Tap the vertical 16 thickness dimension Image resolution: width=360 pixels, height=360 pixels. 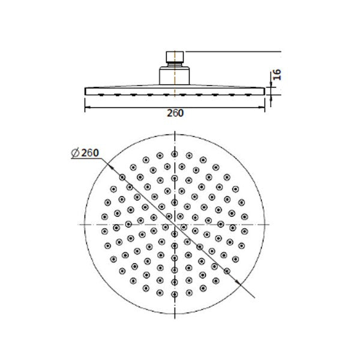(277, 76)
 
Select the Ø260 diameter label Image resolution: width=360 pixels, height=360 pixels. (84, 153)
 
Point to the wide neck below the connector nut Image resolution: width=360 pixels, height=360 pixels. (174, 77)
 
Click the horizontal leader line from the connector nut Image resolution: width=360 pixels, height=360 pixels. (234, 53)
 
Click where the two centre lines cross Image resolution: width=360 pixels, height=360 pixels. (174, 223)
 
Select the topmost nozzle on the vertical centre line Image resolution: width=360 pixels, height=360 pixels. (174, 154)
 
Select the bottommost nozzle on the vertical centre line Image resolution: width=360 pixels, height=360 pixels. (174, 292)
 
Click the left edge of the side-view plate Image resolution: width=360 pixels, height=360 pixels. (85, 90)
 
